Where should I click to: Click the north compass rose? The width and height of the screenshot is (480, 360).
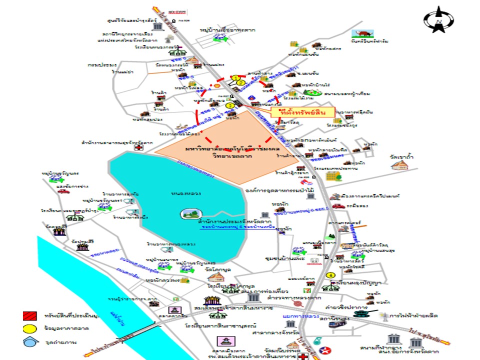tap(438, 19)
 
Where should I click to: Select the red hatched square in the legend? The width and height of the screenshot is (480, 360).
tap(29, 316)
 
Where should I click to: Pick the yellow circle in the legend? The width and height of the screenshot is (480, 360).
tap(29, 328)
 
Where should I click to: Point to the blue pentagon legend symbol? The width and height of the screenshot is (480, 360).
tap(29, 342)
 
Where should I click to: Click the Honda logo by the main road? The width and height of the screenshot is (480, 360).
tap(312, 260)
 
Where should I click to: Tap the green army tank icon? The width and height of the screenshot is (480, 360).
tap(362, 313)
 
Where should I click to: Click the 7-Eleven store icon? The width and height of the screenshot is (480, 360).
tap(311, 289)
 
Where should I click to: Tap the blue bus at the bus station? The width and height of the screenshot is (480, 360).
tap(335, 324)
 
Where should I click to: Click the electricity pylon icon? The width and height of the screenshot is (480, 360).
tap(383, 316)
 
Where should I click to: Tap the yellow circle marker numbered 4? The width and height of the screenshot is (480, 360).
tap(330, 275)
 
